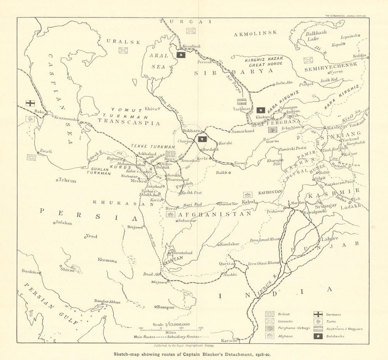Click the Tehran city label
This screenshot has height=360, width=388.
(67, 181)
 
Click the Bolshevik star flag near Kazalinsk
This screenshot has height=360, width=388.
(181, 55)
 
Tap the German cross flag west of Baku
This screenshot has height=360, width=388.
(30, 103)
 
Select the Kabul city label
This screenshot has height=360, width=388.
(247, 202)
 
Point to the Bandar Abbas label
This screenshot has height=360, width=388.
(107, 302)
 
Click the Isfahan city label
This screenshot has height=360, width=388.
(64, 223)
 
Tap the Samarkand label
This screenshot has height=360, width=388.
(242, 131)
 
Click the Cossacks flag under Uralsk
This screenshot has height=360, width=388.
(123, 50)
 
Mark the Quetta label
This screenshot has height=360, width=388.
(227, 263)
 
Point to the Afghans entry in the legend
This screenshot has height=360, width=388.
(284, 336)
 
